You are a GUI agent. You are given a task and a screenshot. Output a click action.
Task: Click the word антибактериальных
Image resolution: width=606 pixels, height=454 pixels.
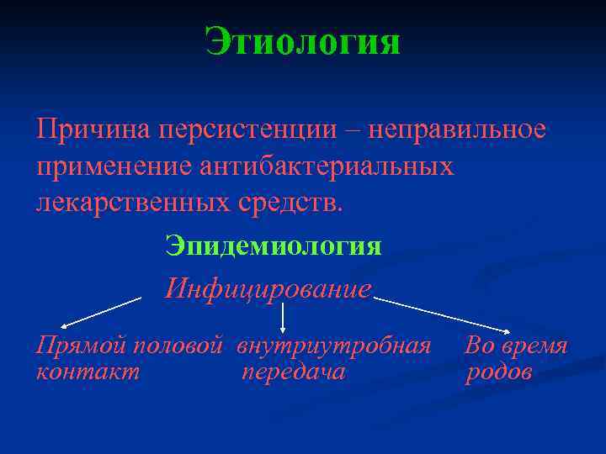point(327,166)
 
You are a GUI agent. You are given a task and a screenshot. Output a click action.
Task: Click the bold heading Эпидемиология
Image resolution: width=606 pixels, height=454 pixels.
point(274,246)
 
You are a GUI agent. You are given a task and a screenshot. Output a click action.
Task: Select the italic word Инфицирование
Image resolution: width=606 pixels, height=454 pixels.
point(268,289)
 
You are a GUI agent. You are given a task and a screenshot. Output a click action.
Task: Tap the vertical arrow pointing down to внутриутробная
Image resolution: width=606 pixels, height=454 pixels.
point(283,317)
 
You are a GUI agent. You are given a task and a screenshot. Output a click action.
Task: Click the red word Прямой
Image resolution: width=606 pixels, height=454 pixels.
point(80,346)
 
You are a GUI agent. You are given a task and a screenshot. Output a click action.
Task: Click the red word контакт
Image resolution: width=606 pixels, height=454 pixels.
point(88,372)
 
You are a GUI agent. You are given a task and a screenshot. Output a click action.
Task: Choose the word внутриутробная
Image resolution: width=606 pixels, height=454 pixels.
point(333,346)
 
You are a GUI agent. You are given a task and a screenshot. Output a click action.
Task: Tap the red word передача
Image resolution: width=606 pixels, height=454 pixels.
point(293,372)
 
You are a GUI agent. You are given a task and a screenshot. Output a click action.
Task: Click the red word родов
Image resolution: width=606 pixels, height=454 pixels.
point(498,372)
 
